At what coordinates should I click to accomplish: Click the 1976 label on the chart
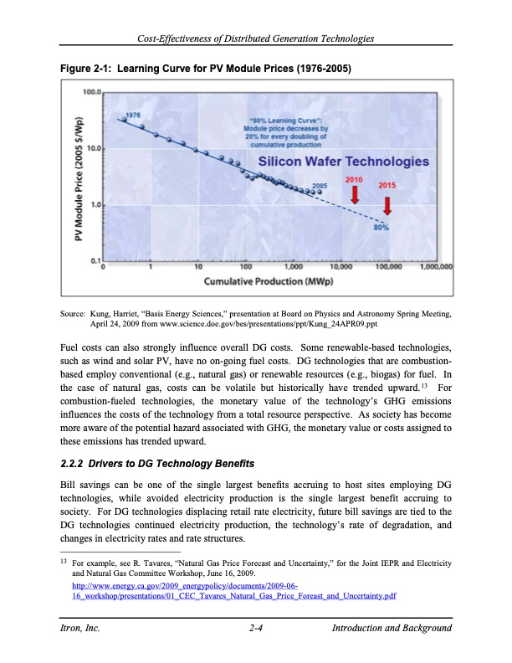[x=132, y=114]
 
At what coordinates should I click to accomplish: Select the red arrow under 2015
[x=387, y=203]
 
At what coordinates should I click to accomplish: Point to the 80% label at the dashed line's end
[x=381, y=226]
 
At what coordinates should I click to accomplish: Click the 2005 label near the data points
[x=319, y=185]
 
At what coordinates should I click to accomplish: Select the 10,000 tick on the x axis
[x=340, y=268]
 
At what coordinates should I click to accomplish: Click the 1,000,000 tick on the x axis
[x=434, y=268]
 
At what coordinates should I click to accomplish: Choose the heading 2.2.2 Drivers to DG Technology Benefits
[x=157, y=463]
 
